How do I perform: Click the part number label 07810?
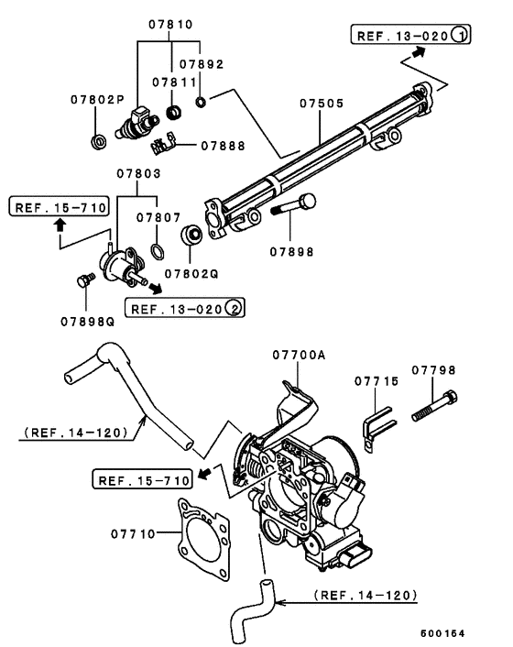[x=170, y=25]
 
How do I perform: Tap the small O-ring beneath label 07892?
[x=201, y=102]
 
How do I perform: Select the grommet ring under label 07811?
[x=174, y=112]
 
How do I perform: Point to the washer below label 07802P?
[x=99, y=141]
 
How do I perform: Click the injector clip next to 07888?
[x=162, y=144]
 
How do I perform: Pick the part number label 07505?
[x=322, y=104]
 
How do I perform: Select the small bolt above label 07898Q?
[x=86, y=280]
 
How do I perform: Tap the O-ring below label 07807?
[x=158, y=252]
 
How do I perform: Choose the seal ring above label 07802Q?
[x=191, y=236]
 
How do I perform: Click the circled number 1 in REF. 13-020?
[x=459, y=35]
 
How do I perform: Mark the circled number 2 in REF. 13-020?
[x=234, y=308]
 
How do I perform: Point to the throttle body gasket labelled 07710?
[x=204, y=539]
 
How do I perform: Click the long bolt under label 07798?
[x=434, y=407]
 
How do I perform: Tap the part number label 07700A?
[x=299, y=355]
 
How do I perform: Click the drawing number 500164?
[x=442, y=633]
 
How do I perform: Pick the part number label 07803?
[x=138, y=173]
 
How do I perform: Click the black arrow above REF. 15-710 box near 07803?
[x=60, y=225]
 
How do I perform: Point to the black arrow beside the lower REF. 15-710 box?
[x=204, y=473]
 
